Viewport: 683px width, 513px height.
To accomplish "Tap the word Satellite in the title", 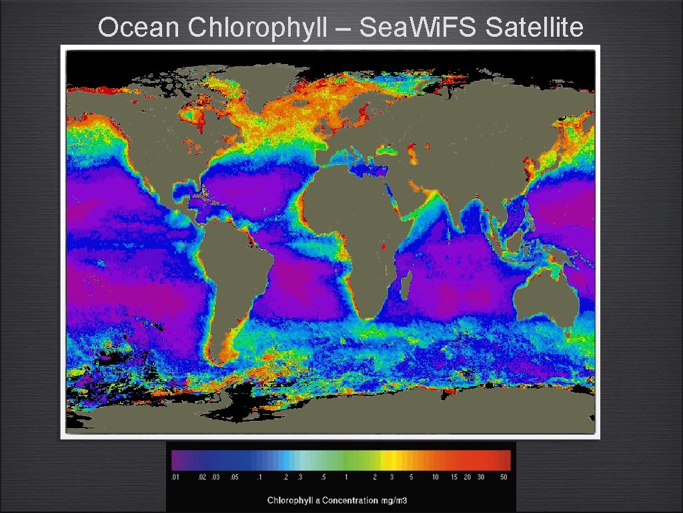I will [x=535, y=28].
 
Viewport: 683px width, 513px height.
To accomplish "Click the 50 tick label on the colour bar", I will [x=503, y=478].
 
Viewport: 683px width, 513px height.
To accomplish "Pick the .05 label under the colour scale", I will [x=234, y=478].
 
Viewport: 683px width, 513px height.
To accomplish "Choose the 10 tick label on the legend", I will [x=435, y=478].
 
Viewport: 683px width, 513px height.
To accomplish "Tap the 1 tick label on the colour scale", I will [x=346, y=478].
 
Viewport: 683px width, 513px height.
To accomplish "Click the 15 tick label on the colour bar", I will [x=454, y=478].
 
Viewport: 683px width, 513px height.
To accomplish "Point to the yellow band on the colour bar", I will [x=394, y=460].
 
